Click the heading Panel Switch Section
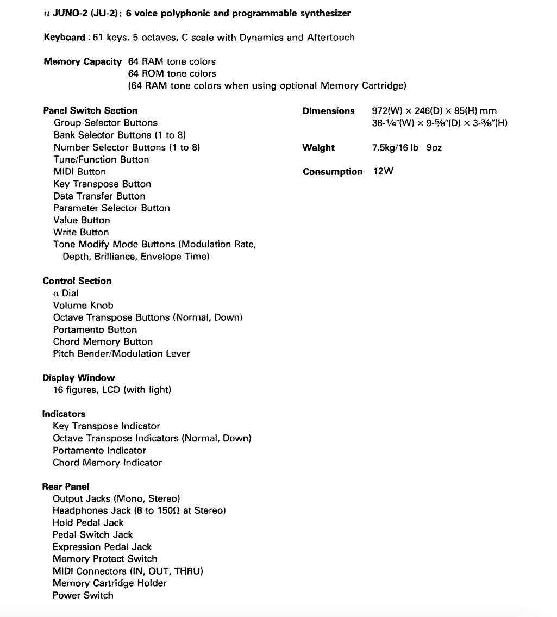click(x=90, y=110)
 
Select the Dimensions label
click(x=328, y=111)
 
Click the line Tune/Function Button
click(x=101, y=159)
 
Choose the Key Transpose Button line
click(x=102, y=184)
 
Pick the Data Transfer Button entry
click(x=99, y=196)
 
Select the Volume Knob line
click(x=83, y=305)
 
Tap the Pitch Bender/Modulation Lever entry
click(x=121, y=354)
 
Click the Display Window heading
click(x=79, y=378)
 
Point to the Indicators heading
click(x=64, y=414)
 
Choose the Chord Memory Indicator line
click(x=107, y=463)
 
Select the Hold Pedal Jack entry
click(x=88, y=522)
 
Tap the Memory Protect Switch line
click(x=105, y=559)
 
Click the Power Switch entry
click(x=83, y=595)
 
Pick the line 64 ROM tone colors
click(x=172, y=73)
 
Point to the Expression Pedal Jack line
click(x=102, y=547)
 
